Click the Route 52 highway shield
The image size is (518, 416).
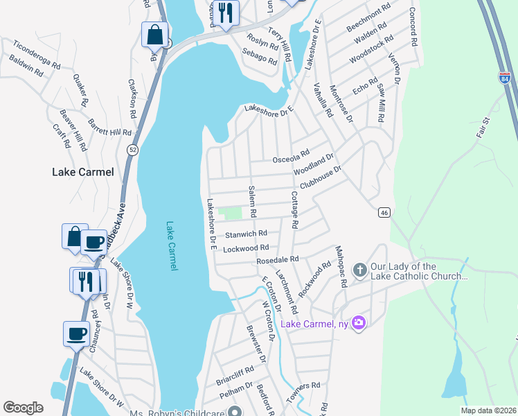coord(131,149)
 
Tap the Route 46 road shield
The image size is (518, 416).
coord(383,213)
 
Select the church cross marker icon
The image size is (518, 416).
coord(359,271)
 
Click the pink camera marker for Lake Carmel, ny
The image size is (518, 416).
coord(358,322)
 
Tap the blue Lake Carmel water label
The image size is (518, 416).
coord(172,246)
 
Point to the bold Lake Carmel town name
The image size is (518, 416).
coord(82,172)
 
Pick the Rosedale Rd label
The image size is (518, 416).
coord(277,259)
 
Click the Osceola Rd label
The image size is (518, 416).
coord(289,157)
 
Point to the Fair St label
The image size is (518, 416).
coord(483,128)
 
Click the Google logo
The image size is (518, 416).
coord(24,408)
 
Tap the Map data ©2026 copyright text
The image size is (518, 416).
coord(488,410)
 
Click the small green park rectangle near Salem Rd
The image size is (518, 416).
coord(231,213)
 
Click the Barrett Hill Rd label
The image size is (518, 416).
coord(110,132)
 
